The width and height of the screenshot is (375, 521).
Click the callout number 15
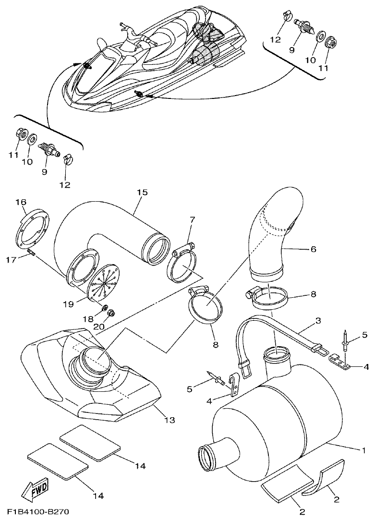[x=142, y=193]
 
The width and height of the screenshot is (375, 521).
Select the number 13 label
[x=169, y=420]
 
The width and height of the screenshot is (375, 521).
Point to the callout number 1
[x=363, y=450]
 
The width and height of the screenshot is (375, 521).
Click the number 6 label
[x=314, y=249]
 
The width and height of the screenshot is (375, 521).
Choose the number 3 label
[x=318, y=319]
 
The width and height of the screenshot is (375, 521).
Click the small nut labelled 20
[x=110, y=314]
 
